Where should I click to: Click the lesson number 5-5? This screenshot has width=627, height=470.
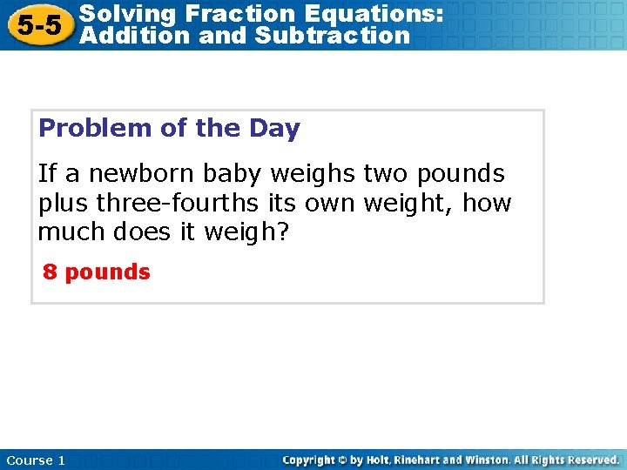pyautogui.click(x=38, y=25)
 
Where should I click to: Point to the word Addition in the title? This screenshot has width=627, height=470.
pyautogui.click(x=129, y=36)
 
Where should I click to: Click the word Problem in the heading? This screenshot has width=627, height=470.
pyautogui.click(x=95, y=129)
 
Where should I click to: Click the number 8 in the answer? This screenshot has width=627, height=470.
pyautogui.click(x=51, y=272)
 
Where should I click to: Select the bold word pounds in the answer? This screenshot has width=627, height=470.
pyautogui.click(x=107, y=272)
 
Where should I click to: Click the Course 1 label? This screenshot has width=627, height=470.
pyautogui.click(x=36, y=460)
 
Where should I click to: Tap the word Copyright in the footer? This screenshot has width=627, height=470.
pyautogui.click(x=309, y=460)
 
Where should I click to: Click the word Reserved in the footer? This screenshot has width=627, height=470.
pyautogui.click(x=588, y=460)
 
